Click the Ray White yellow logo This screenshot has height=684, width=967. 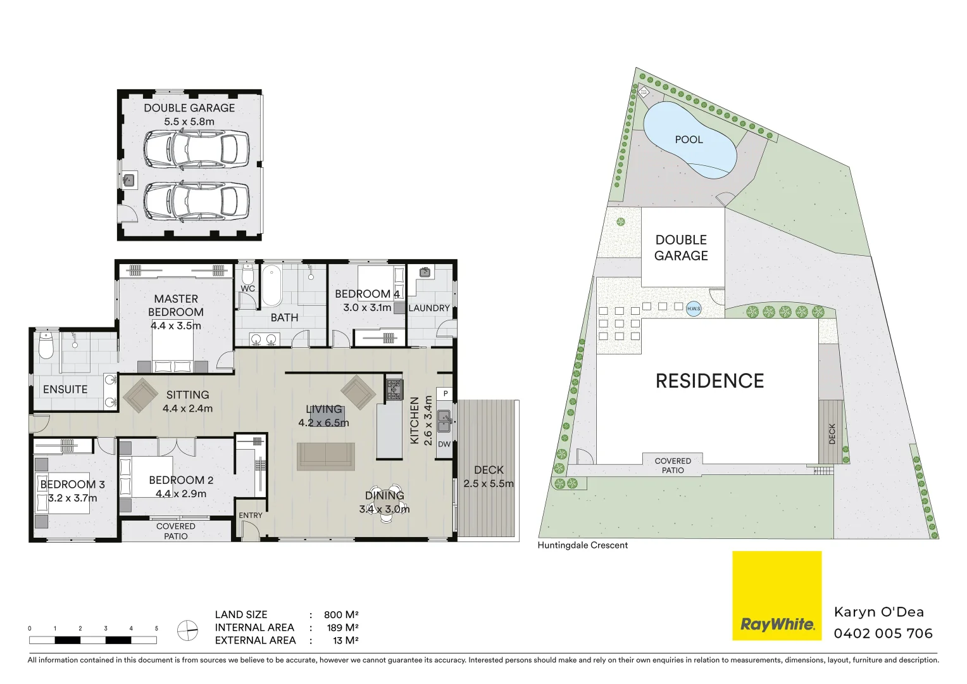click(777, 595)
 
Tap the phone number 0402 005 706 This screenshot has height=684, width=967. click(883, 633)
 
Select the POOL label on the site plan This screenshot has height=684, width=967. click(689, 139)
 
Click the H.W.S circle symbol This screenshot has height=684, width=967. click(694, 308)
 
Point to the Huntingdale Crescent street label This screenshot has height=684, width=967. click(582, 545)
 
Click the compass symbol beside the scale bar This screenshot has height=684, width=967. click(187, 631)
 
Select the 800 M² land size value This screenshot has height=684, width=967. click(341, 614)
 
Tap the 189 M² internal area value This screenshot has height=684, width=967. click(342, 628)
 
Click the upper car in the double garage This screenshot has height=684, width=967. click(196, 149)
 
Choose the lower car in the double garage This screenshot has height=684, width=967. click(196, 201)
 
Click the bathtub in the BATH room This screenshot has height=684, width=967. click(271, 286)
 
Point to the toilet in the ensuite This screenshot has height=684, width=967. click(46, 346)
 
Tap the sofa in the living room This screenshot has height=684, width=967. click(326, 456)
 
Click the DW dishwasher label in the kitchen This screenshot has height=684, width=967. click(444, 444)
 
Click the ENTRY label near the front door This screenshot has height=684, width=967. click(251, 516)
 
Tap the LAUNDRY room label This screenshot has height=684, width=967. click(429, 308)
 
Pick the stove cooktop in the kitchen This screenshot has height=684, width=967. click(394, 389)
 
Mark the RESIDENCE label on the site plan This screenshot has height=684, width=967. click(709, 381)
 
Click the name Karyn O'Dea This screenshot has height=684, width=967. click(878, 612)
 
